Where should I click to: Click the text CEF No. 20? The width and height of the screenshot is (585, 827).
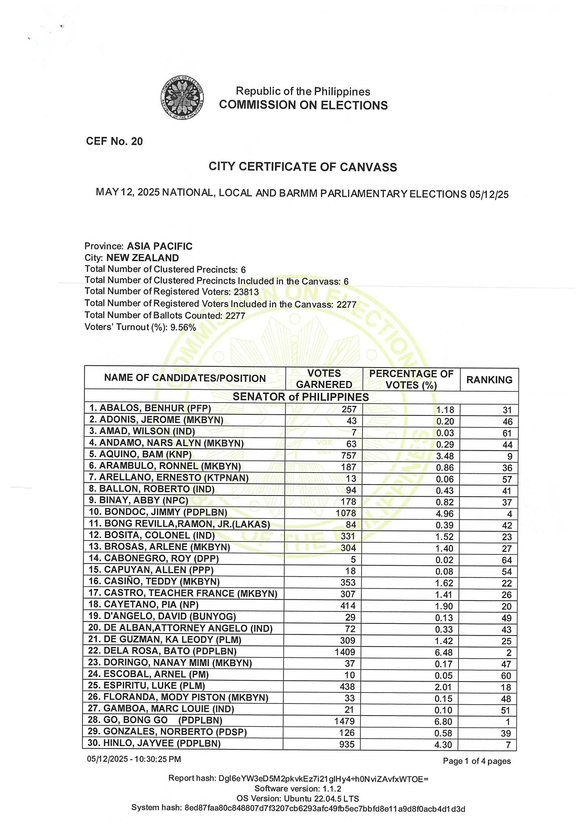point(114,141)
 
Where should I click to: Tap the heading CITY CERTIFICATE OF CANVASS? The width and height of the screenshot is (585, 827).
point(303,167)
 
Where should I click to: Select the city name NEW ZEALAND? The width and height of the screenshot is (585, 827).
point(143,258)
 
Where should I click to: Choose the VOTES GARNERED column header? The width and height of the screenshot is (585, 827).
point(324,378)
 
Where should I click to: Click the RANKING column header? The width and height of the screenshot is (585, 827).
point(489,380)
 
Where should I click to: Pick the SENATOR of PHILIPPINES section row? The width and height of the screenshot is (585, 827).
point(301,397)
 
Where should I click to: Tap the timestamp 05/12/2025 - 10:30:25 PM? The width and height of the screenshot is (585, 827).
point(134,759)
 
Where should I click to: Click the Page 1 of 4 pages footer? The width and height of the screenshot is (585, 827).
point(477,761)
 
